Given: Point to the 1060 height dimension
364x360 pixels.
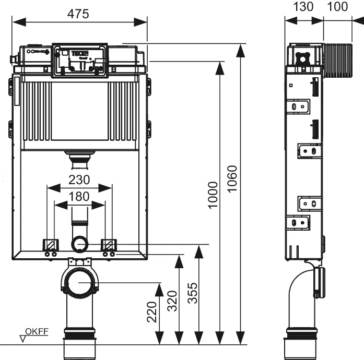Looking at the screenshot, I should [x=232, y=178].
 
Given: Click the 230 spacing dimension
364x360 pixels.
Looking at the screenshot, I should [x=79, y=180].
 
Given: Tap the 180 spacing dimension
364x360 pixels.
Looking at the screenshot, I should [x=79, y=197].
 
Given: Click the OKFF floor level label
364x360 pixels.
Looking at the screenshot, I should [x=37, y=331].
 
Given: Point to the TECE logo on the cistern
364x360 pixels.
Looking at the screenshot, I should [x=91, y=52].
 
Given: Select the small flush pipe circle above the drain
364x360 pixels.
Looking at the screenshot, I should [x=79, y=244].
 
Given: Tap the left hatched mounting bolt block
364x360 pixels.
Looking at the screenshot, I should [x=51, y=244].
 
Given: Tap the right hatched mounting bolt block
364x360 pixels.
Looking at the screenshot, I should [x=109, y=244].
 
